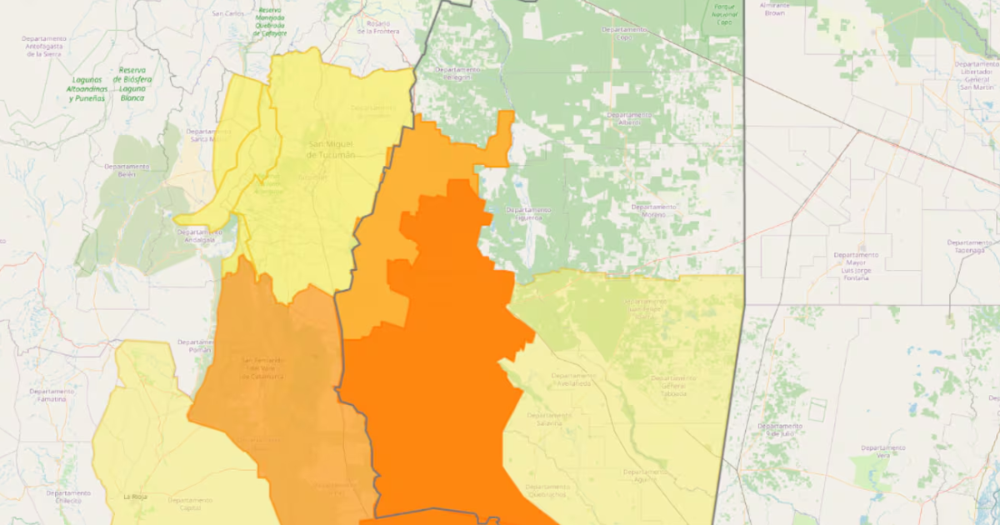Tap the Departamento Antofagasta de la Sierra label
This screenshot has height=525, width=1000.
point(45,47)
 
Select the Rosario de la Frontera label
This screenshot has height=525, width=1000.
point(378,27)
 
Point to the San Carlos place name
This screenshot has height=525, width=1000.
point(227,13)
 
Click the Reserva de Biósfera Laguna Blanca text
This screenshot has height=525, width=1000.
point(132,84)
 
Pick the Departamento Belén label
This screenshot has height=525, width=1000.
point(127,170)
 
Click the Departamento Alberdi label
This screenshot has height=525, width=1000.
point(629,118)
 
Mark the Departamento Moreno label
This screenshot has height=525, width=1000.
point(653,210)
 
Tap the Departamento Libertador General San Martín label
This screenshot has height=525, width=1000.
point(977,75)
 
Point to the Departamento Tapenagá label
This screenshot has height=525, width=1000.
point(969,246)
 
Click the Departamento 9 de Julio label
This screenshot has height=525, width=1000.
point(780,428)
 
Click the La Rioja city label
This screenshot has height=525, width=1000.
point(135,497)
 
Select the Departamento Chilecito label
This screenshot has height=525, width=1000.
point(68,497)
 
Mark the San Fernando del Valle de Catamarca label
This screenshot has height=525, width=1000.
point(263,368)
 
